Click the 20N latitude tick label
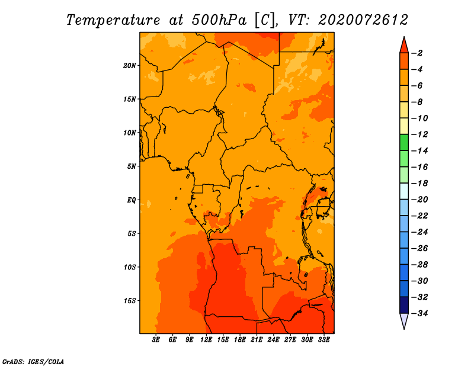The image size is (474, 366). (x=130, y=66)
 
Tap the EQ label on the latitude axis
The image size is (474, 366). (x=131, y=200)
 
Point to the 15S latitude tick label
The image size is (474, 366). (x=130, y=301)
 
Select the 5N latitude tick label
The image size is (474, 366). (x=132, y=166)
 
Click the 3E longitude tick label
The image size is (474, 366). (x=156, y=340)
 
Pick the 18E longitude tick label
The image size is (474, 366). (x=240, y=340)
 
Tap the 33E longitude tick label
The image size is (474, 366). (x=324, y=340)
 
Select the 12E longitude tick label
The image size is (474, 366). (x=206, y=340)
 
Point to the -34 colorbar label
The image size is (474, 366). (x=419, y=313)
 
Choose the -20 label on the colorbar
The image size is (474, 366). (x=419, y=200)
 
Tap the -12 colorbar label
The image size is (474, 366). (x=419, y=134)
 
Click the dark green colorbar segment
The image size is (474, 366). (x=404, y=143)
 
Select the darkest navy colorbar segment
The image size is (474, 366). (x=404, y=305)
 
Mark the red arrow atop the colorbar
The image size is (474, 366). (x=404, y=45)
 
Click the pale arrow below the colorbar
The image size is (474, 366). (x=404, y=321)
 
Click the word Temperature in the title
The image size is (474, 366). (x=113, y=20)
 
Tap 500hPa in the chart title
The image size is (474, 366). (x=219, y=20)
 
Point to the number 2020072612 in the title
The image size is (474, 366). (x=363, y=20)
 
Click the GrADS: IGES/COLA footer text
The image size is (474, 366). (x=33, y=362)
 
